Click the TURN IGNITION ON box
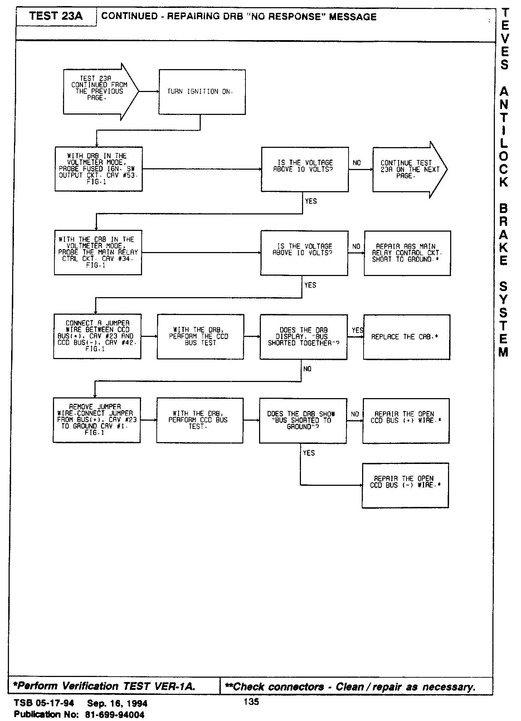202,92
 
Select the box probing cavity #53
98,169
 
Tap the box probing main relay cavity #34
98,252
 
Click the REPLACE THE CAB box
406,337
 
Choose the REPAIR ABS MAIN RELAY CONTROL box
407,253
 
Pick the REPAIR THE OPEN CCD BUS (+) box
406,421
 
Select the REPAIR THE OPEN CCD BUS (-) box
405,485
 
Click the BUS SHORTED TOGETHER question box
303,337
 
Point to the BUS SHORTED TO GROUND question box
303,421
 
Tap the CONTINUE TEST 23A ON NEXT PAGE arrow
409,169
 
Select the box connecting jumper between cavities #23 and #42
97,336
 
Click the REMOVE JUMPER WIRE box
97,420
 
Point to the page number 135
251,702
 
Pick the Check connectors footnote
351,687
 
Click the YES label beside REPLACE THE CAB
357,330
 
